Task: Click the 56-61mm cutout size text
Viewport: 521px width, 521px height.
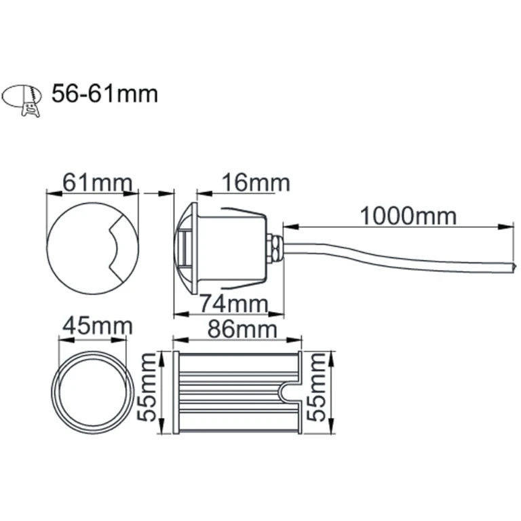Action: pos(104,94)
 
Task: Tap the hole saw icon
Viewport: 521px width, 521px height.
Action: pos(23,99)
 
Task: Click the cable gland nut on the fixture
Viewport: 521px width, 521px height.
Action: pos(273,248)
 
